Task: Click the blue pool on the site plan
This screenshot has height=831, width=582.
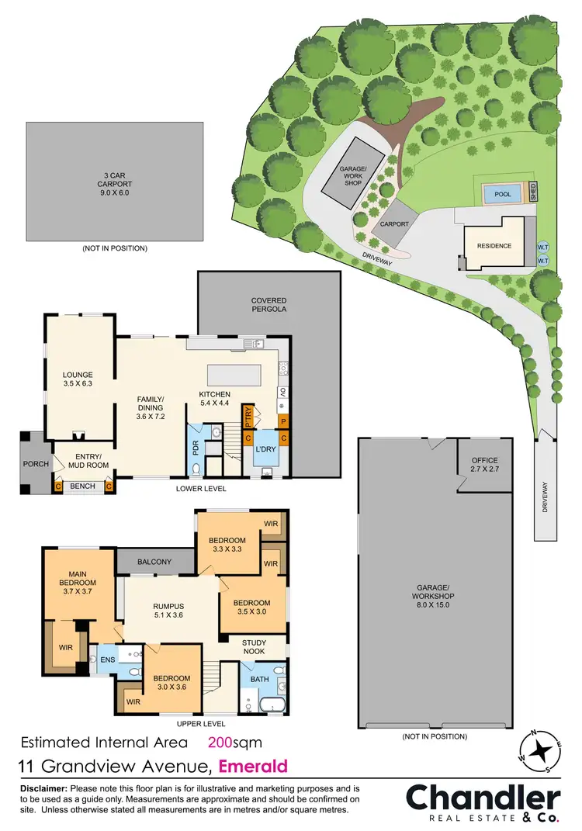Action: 502,194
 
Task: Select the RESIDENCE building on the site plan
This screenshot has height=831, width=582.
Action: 494,246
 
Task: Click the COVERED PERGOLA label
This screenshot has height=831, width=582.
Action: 268,305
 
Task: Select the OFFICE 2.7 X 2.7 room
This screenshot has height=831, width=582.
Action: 485,466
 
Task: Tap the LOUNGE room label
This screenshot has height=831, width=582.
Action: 78,378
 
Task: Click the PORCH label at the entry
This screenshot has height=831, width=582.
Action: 36,464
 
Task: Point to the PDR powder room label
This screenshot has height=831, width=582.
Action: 195,449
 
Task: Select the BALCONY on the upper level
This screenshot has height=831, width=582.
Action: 156,560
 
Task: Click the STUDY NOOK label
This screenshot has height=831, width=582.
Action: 254,646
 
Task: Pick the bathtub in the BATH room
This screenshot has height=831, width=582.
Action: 272,705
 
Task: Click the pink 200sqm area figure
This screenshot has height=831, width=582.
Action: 234,741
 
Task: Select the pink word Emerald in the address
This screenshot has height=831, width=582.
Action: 253,767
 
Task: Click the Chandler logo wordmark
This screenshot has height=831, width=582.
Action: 483,797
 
